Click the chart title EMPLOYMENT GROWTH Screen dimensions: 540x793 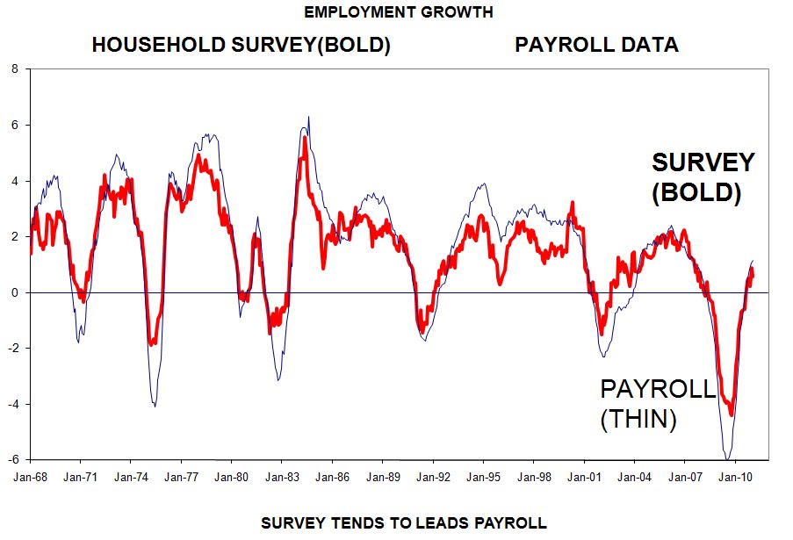click(398, 12)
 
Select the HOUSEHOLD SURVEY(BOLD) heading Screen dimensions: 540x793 click(242, 46)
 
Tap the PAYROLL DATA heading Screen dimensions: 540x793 click(596, 46)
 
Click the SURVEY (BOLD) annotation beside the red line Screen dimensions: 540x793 click(702, 177)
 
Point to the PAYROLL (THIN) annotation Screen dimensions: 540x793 click(657, 405)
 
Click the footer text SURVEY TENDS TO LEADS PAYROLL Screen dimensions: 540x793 click(404, 523)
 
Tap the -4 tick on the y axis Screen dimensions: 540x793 click(12, 404)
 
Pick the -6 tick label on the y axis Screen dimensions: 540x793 click(12, 460)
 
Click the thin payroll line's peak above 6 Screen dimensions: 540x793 click(308, 117)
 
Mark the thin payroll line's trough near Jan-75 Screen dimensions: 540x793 click(155, 406)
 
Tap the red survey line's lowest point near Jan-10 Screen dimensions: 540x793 click(731, 414)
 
